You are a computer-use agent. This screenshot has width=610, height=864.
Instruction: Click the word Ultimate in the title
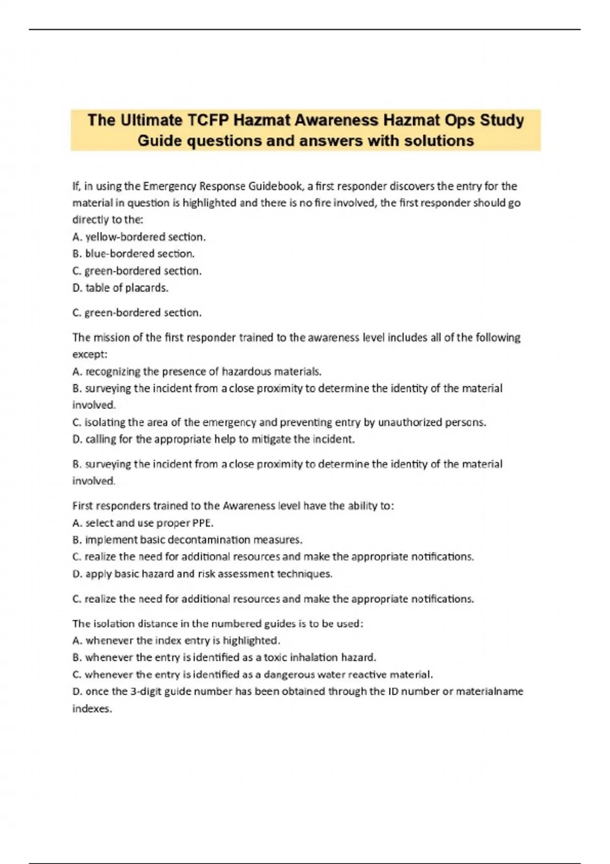click(151, 120)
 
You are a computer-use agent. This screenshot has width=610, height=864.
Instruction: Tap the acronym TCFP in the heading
click(207, 120)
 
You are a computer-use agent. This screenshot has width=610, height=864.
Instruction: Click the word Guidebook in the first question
click(275, 186)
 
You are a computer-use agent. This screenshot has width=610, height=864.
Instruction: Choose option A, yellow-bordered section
click(139, 237)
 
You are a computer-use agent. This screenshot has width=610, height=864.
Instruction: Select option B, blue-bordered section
click(133, 254)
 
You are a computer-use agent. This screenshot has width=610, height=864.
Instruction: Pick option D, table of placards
click(120, 288)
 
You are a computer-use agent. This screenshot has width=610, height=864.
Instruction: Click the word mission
click(110, 337)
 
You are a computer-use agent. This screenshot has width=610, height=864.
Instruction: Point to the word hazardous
click(247, 372)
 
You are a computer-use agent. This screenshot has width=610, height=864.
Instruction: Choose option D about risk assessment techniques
click(202, 574)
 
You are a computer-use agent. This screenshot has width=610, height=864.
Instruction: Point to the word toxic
click(275, 657)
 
